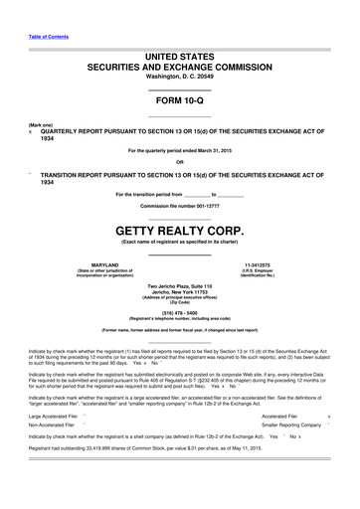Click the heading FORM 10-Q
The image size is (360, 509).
[180, 103]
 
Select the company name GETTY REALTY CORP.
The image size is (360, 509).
[180, 227]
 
